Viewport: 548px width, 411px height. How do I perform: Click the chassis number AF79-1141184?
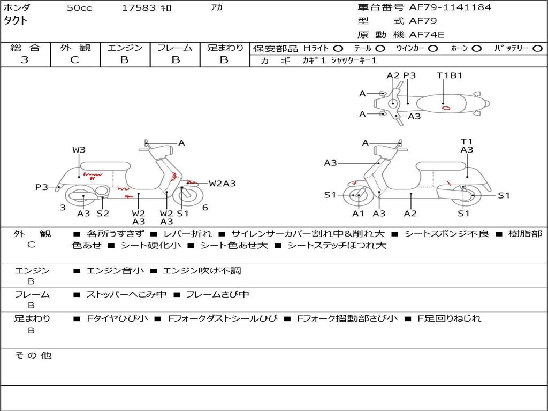[x=450, y=7]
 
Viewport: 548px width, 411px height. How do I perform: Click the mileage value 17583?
[x=139, y=8]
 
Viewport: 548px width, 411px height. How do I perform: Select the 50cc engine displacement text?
[x=79, y=8]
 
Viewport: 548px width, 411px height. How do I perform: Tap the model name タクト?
[x=16, y=21]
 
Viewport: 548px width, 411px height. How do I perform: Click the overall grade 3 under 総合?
[x=25, y=60]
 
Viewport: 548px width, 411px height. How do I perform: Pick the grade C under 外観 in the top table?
[x=75, y=60]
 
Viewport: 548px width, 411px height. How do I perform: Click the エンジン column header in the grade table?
[x=125, y=48]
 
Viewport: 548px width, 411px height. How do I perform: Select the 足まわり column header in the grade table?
[x=225, y=48]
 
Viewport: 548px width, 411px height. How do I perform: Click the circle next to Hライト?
[x=338, y=48]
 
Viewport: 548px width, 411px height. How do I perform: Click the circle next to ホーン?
[x=476, y=48]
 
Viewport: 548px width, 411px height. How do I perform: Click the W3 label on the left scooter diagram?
[x=79, y=150]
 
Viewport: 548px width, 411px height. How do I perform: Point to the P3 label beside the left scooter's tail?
[x=42, y=187]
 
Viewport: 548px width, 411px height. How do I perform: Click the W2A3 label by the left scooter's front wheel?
[x=222, y=184]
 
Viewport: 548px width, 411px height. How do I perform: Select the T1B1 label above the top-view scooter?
[x=450, y=75]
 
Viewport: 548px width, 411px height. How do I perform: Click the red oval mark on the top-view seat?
[x=445, y=108]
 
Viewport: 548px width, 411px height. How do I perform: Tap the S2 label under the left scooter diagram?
[x=103, y=213]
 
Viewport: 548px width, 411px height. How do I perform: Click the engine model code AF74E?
[x=427, y=35]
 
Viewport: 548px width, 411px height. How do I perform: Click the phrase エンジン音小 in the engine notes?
[x=115, y=271]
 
